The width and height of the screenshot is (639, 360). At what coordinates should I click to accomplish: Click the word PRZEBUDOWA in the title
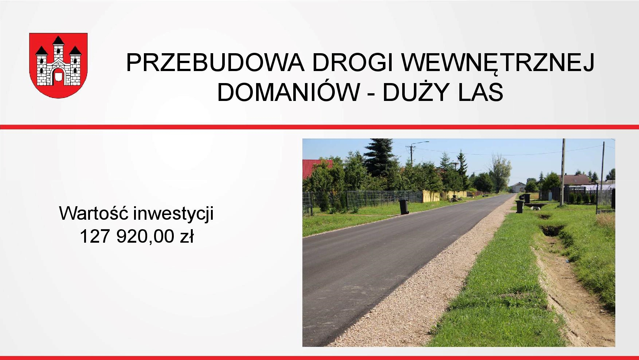tap(215, 62)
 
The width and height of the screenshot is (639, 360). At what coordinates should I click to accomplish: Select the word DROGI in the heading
tap(353, 62)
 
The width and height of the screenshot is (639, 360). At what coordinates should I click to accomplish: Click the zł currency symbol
tap(187, 236)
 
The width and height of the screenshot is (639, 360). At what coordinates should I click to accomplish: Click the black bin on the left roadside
tap(404, 207)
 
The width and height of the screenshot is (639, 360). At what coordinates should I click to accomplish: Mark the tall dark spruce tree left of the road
tap(379, 157)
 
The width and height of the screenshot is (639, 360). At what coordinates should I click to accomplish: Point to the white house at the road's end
tap(518, 187)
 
